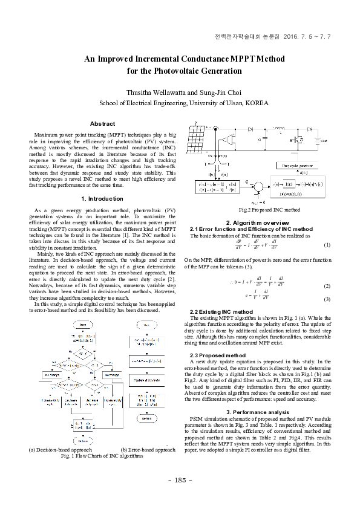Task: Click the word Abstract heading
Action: tap(102, 124)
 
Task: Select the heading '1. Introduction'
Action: tap(102, 199)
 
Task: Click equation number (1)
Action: tap(327, 245)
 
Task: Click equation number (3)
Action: tap(327, 299)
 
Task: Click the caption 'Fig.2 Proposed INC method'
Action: tap(261, 210)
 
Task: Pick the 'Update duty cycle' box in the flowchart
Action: tap(147, 378)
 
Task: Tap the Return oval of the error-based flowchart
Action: tap(146, 418)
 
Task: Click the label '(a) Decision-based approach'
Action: tap(60, 450)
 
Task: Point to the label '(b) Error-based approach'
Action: tap(148, 450)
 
